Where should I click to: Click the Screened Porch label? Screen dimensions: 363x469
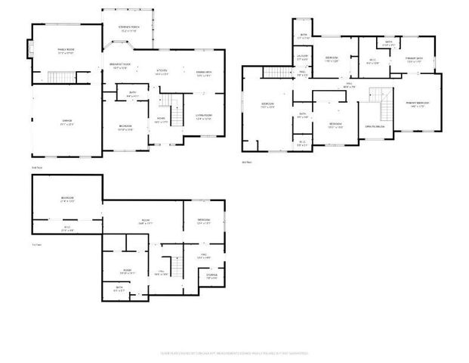(x=128, y=28)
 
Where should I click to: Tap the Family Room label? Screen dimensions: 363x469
(x=66, y=50)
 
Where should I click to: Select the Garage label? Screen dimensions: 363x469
(x=66, y=121)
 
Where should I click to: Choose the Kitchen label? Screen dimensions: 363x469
(x=161, y=71)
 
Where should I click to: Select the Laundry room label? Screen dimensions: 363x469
(x=302, y=56)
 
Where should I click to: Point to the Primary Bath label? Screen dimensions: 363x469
(x=413, y=58)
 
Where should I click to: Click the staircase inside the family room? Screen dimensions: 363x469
(x=59, y=77)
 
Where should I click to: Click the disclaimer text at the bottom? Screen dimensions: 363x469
(x=234, y=352)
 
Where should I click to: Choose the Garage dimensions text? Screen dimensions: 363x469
(x=66, y=125)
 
